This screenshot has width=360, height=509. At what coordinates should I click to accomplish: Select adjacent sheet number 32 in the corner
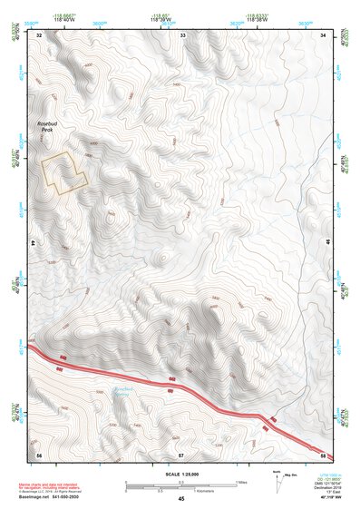[x=40, y=34]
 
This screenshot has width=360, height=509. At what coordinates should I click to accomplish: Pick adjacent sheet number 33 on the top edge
[x=182, y=34]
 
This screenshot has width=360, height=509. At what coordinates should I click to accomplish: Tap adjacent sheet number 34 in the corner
[x=325, y=34]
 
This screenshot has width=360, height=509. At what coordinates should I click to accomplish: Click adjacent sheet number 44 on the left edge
[x=34, y=243]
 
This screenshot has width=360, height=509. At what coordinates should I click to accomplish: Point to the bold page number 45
[x=181, y=499]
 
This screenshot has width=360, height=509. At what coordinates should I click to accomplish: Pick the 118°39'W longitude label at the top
[x=181, y=18]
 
